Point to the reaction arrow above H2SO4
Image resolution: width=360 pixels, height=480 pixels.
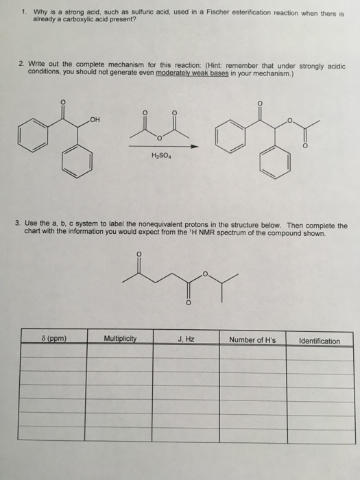click(167, 146)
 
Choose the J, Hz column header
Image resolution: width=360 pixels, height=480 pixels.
click(186, 339)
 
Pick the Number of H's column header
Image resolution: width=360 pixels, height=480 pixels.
click(253, 339)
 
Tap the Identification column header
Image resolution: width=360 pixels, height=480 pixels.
click(320, 340)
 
